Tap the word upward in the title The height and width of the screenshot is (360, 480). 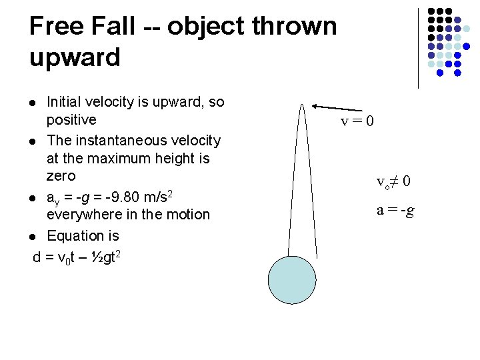(75, 57)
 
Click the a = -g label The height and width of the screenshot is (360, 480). (395, 211)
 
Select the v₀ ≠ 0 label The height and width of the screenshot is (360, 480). (393, 181)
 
